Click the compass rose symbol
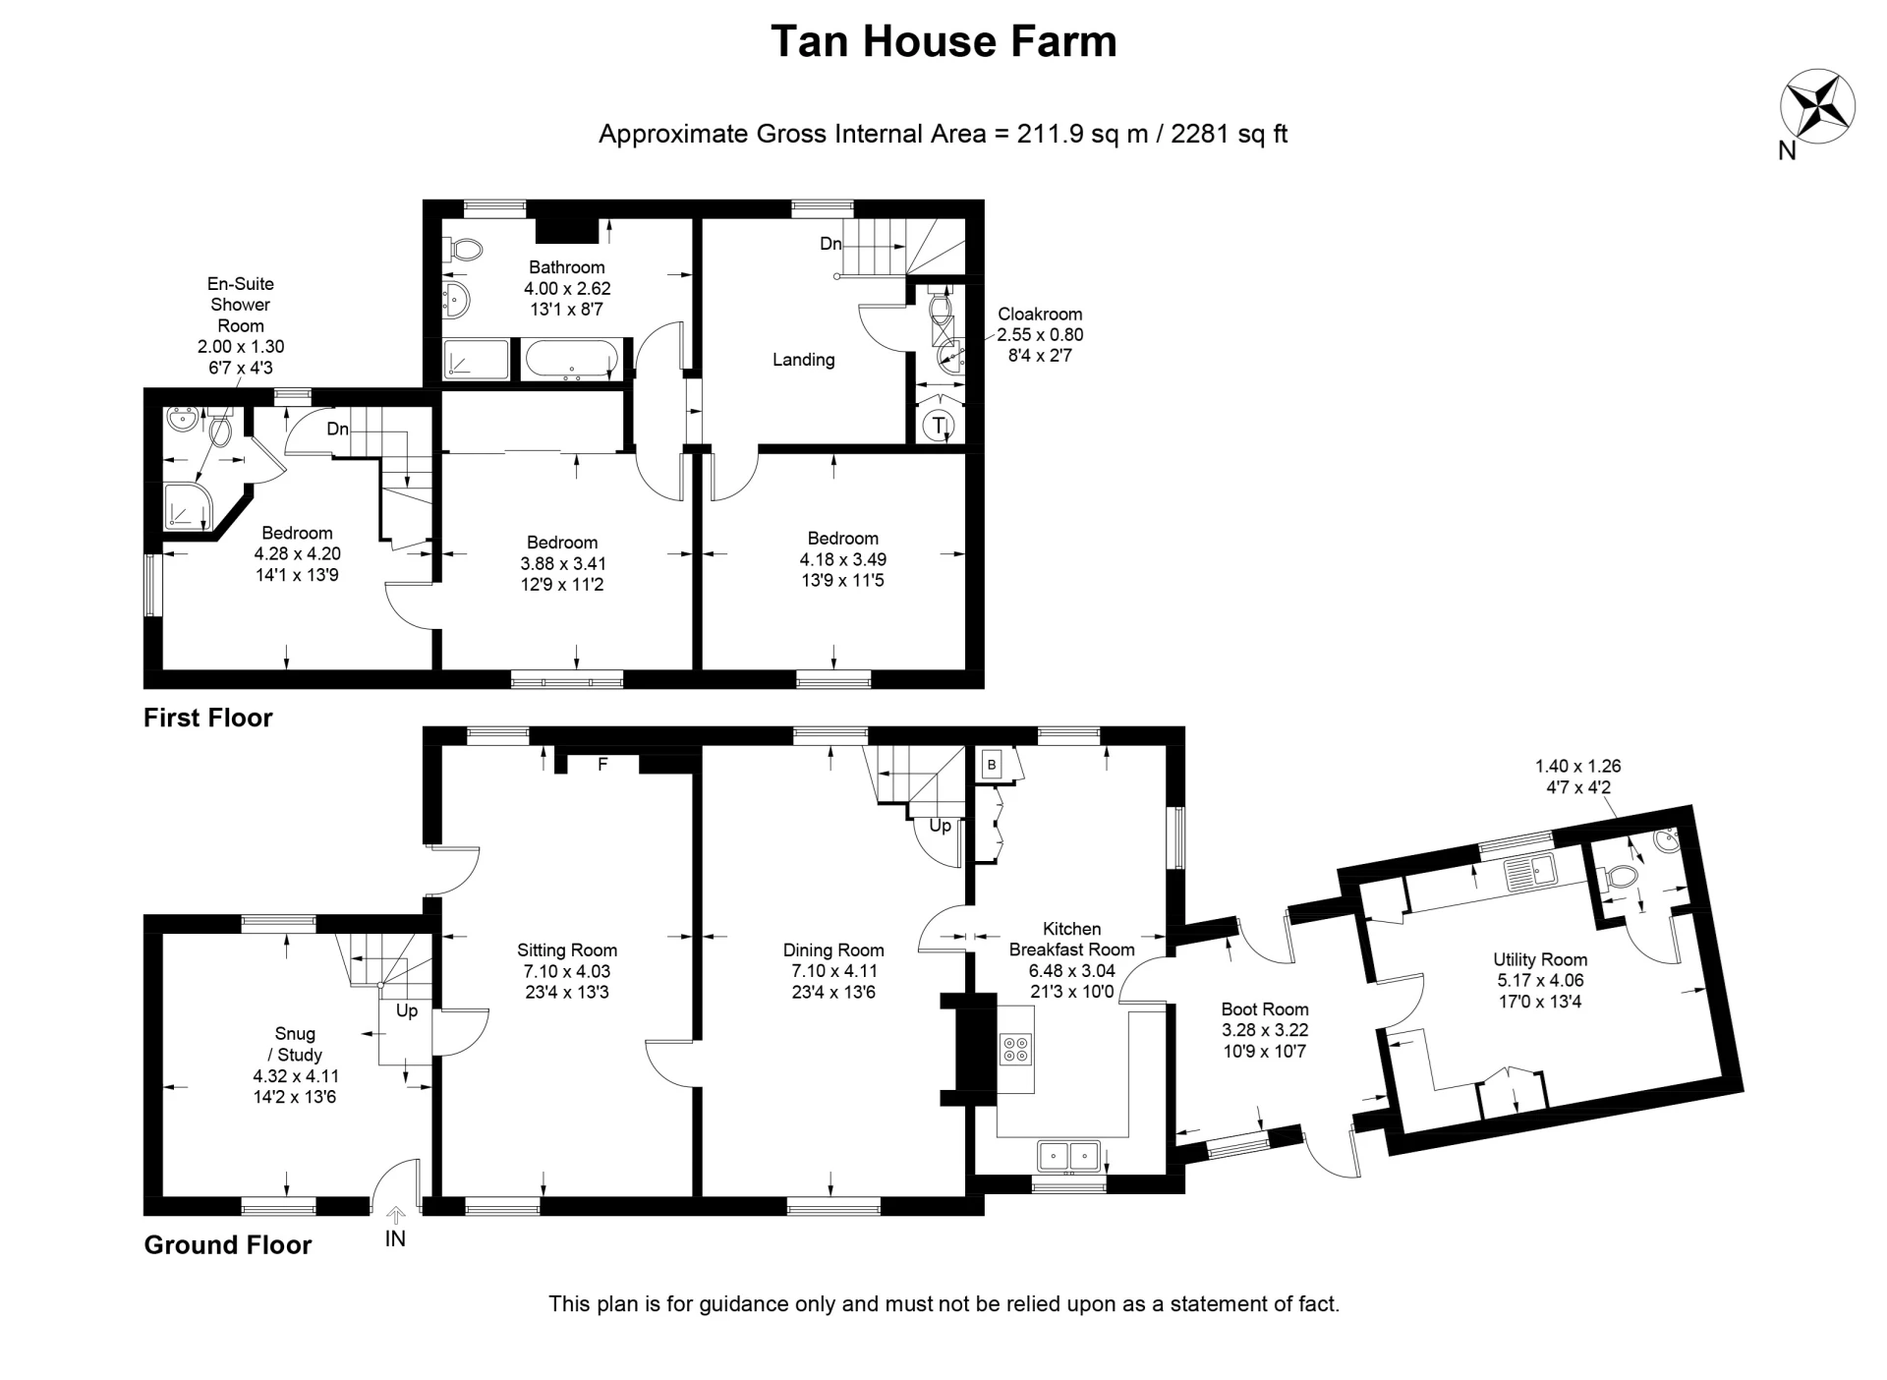point(1817,104)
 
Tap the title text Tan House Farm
point(943,42)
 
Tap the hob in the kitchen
point(1016,1050)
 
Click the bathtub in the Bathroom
point(571,359)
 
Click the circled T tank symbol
point(940,426)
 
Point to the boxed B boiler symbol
point(992,765)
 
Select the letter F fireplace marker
point(603,764)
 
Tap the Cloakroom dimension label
point(1040,334)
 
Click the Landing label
point(803,360)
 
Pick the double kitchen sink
point(1069,1155)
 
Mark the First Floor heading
point(207,718)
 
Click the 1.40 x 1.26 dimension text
point(1578,776)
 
